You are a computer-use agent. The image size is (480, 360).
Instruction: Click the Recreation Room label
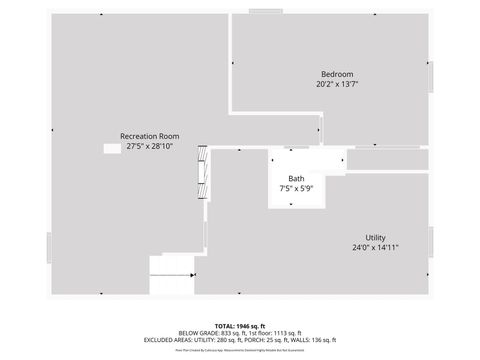[149, 136]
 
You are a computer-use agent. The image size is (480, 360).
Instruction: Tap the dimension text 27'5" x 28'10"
[149, 147]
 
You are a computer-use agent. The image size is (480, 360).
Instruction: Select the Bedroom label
[336, 75]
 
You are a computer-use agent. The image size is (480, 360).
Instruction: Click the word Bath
[296, 178]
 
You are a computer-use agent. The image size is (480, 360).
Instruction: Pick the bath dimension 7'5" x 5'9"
[296, 189]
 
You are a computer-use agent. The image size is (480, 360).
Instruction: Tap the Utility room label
[375, 237]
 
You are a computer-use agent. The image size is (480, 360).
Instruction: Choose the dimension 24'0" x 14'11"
[375, 248]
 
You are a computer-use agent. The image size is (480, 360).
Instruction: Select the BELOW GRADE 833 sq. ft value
[211, 334]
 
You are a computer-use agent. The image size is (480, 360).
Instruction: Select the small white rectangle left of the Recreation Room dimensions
[112, 148]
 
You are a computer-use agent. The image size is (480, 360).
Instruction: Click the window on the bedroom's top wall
[266, 12]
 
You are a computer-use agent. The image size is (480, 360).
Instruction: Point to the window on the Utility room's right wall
[431, 240]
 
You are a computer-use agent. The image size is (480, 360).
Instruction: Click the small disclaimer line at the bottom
[240, 351]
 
